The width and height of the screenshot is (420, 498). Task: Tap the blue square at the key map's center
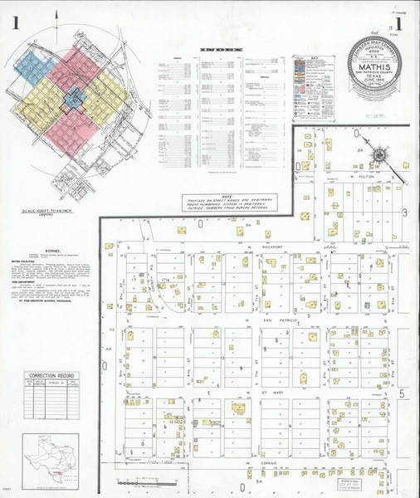click(x=72, y=99)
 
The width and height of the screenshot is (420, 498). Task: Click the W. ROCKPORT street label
click(x=261, y=247)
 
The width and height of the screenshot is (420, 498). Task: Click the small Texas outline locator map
click(x=52, y=457)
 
